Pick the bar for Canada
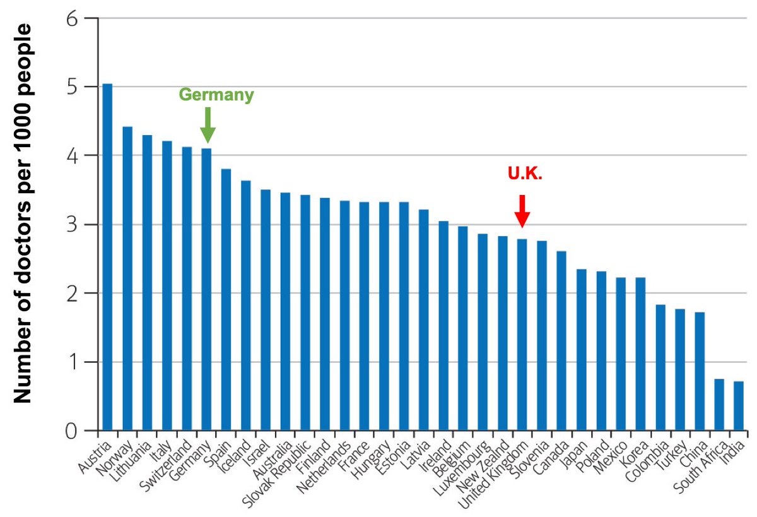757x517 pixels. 561,341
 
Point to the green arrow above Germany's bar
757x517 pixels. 208,125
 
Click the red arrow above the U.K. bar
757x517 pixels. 522,211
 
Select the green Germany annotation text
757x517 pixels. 216,95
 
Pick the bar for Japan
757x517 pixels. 581,350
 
